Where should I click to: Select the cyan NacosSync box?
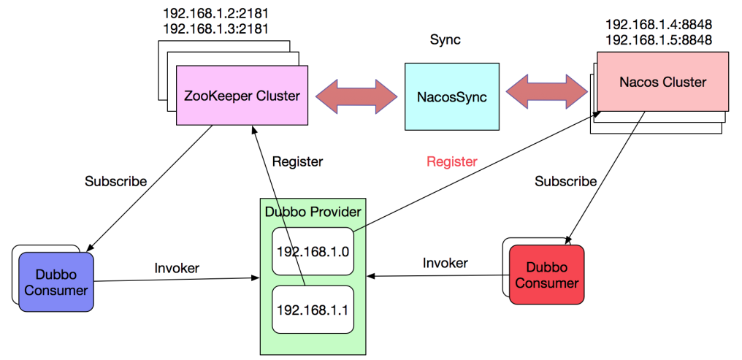click(x=452, y=96)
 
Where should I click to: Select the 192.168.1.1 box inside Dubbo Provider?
click(x=313, y=310)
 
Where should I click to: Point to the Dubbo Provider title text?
click(x=312, y=212)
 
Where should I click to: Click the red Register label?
click(x=451, y=161)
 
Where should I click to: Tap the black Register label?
click(x=297, y=161)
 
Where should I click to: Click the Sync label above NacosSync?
click(x=444, y=39)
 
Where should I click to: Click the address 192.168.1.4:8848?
click(x=659, y=24)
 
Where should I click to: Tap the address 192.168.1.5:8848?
click(x=659, y=39)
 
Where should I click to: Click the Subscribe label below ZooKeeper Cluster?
click(x=115, y=180)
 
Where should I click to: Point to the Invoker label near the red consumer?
click(x=445, y=262)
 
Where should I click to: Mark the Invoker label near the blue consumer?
click(x=177, y=268)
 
